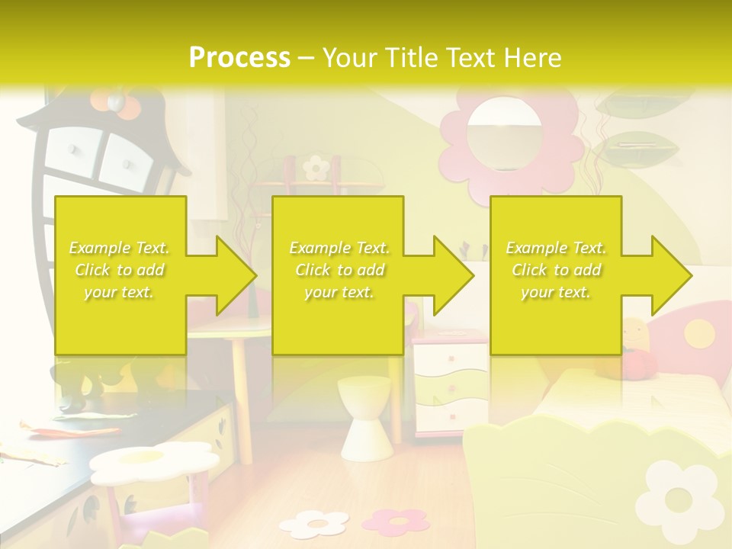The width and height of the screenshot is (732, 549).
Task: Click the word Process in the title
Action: (239, 57)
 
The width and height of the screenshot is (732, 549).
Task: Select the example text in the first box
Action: (120, 270)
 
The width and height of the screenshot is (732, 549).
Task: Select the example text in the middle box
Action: (339, 270)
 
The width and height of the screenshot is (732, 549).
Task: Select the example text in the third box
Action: (556, 270)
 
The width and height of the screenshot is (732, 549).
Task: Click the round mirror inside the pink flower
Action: (503, 137)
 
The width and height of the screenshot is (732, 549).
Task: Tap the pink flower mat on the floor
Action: (396, 521)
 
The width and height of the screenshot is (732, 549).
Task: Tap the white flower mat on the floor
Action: (313, 524)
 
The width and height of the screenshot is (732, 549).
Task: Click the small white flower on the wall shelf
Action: (315, 167)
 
